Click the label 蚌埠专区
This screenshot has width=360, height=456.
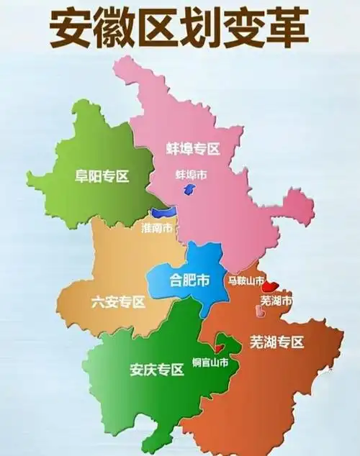point(192,149)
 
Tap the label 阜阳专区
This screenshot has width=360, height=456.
point(102,175)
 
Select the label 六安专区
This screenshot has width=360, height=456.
point(118,302)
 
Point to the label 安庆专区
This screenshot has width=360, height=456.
point(156,371)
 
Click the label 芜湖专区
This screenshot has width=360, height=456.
point(277,342)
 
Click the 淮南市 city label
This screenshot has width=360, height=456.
point(157,228)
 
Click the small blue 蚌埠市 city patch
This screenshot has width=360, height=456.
point(189,188)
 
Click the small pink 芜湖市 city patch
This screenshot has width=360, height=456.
point(259,310)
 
